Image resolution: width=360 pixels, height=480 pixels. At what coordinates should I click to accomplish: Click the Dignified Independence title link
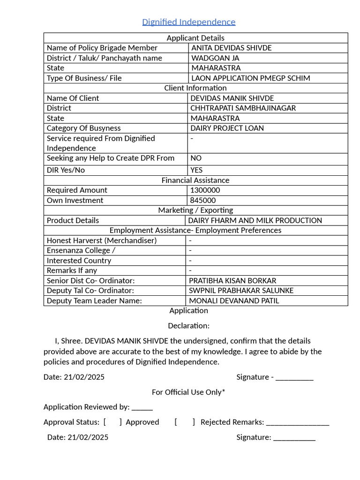point(188,22)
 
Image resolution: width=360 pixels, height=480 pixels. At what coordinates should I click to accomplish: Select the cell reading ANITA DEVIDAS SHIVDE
point(231,48)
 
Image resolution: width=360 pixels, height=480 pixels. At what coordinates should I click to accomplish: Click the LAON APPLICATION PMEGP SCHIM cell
point(250,78)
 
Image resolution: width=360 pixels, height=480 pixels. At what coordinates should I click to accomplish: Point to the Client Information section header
point(195,88)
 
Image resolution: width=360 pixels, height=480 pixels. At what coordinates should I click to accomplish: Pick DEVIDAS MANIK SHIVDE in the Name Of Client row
point(232,98)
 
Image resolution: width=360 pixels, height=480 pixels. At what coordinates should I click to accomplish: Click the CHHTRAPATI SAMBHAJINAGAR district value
point(243,108)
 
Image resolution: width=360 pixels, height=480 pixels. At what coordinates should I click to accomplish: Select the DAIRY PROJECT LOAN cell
point(227,128)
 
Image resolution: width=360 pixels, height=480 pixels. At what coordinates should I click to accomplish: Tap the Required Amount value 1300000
point(204,190)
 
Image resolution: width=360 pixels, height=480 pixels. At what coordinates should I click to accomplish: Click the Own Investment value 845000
point(202,201)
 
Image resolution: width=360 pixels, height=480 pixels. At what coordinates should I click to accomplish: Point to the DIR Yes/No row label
point(66,170)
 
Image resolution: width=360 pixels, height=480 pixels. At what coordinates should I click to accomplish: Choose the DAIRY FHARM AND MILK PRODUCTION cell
point(255,221)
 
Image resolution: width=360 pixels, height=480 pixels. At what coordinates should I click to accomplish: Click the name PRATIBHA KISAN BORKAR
point(232,281)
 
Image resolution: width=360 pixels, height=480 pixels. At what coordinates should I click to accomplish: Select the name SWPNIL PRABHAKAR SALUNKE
point(241,291)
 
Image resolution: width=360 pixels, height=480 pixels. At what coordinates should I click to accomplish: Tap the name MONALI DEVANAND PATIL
point(233,301)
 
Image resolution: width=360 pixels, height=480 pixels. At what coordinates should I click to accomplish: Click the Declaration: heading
point(188,326)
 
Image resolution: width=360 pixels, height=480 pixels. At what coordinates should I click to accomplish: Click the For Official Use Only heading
point(188,392)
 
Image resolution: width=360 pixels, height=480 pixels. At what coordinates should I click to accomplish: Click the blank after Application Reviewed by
point(142,407)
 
